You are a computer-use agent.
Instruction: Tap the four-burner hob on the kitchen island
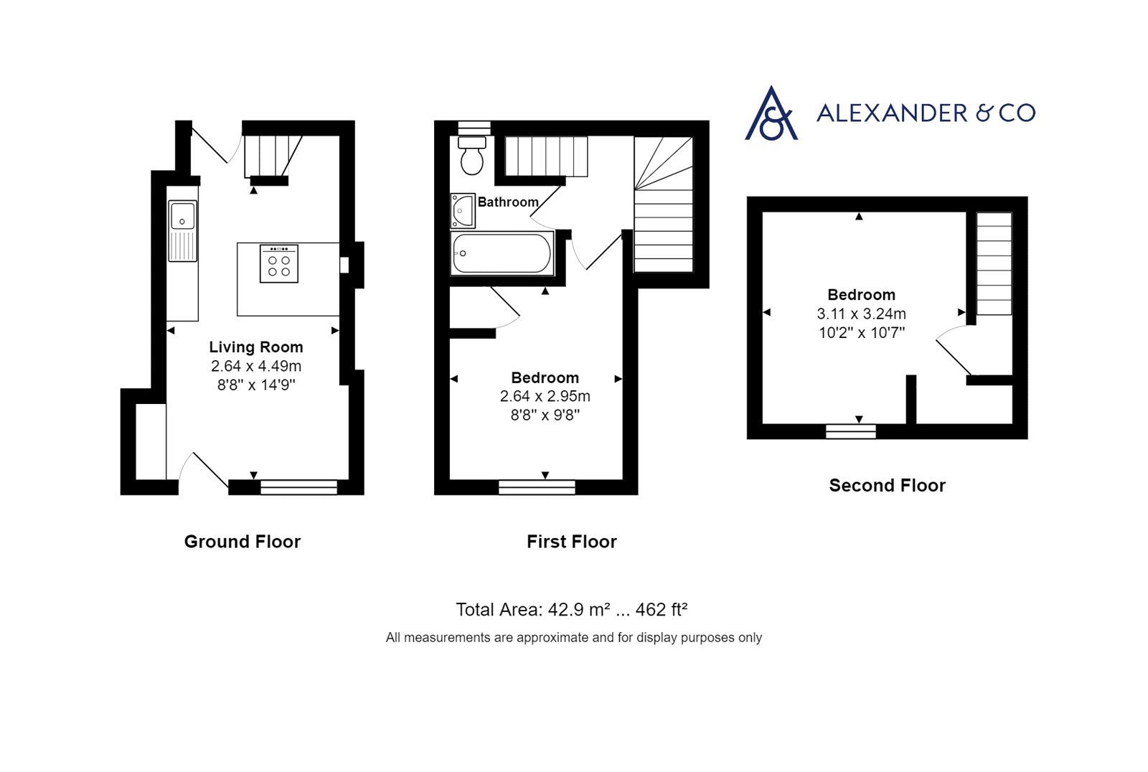click(x=279, y=263)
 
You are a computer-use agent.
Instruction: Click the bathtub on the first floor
click(x=502, y=253)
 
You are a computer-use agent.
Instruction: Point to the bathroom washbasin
click(x=463, y=210)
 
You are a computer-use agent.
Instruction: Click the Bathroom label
click(x=508, y=202)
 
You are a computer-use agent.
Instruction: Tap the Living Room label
click(x=256, y=347)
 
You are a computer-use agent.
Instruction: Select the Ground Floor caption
click(x=243, y=542)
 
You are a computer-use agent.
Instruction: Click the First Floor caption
click(x=572, y=542)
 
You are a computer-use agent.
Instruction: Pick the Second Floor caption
click(x=888, y=486)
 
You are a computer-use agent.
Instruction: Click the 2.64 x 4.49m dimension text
click(x=256, y=366)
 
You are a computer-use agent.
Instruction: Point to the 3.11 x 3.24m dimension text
click(x=861, y=314)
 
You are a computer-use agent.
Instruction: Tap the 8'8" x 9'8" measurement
click(x=545, y=415)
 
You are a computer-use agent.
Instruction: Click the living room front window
click(x=298, y=487)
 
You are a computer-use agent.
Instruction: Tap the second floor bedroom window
click(x=851, y=431)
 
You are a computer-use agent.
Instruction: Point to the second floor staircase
click(x=994, y=263)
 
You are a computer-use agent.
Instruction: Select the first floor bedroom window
click(x=537, y=487)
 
